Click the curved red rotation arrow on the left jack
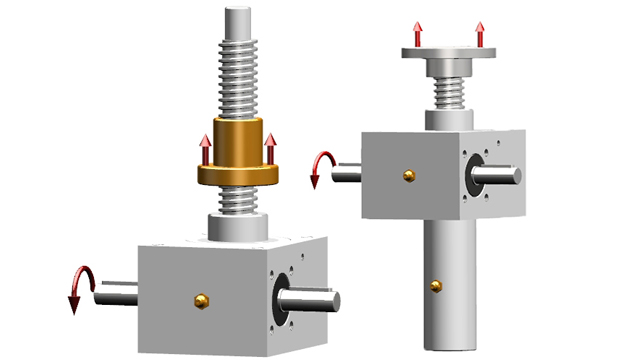tap(77, 288)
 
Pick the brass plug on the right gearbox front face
tap(409, 175)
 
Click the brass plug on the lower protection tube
tap(435, 286)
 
